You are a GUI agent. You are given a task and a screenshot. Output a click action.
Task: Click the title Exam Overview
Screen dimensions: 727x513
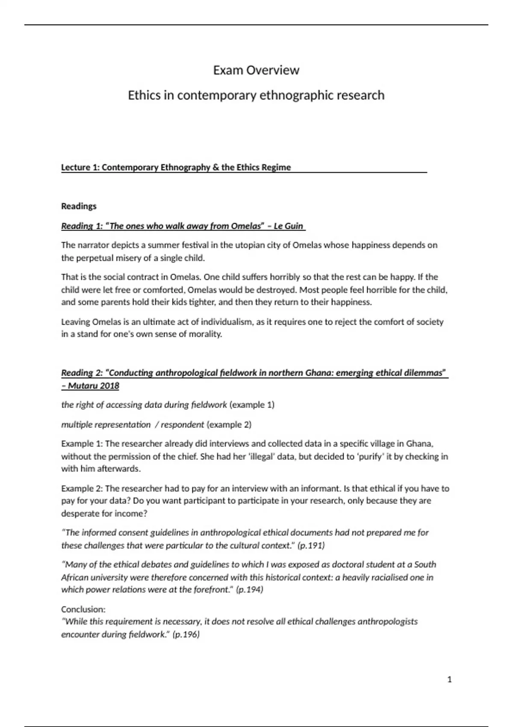(x=256, y=70)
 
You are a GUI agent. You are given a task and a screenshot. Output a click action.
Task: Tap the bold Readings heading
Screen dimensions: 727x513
(x=79, y=206)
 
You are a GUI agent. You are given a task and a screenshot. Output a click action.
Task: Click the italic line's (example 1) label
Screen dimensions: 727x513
(x=252, y=405)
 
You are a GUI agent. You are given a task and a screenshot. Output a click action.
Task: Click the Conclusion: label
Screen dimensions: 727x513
(x=83, y=609)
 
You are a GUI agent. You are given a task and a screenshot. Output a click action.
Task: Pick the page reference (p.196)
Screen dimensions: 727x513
(x=186, y=634)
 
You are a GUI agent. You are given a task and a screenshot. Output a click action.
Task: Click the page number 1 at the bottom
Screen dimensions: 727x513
(x=449, y=679)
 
